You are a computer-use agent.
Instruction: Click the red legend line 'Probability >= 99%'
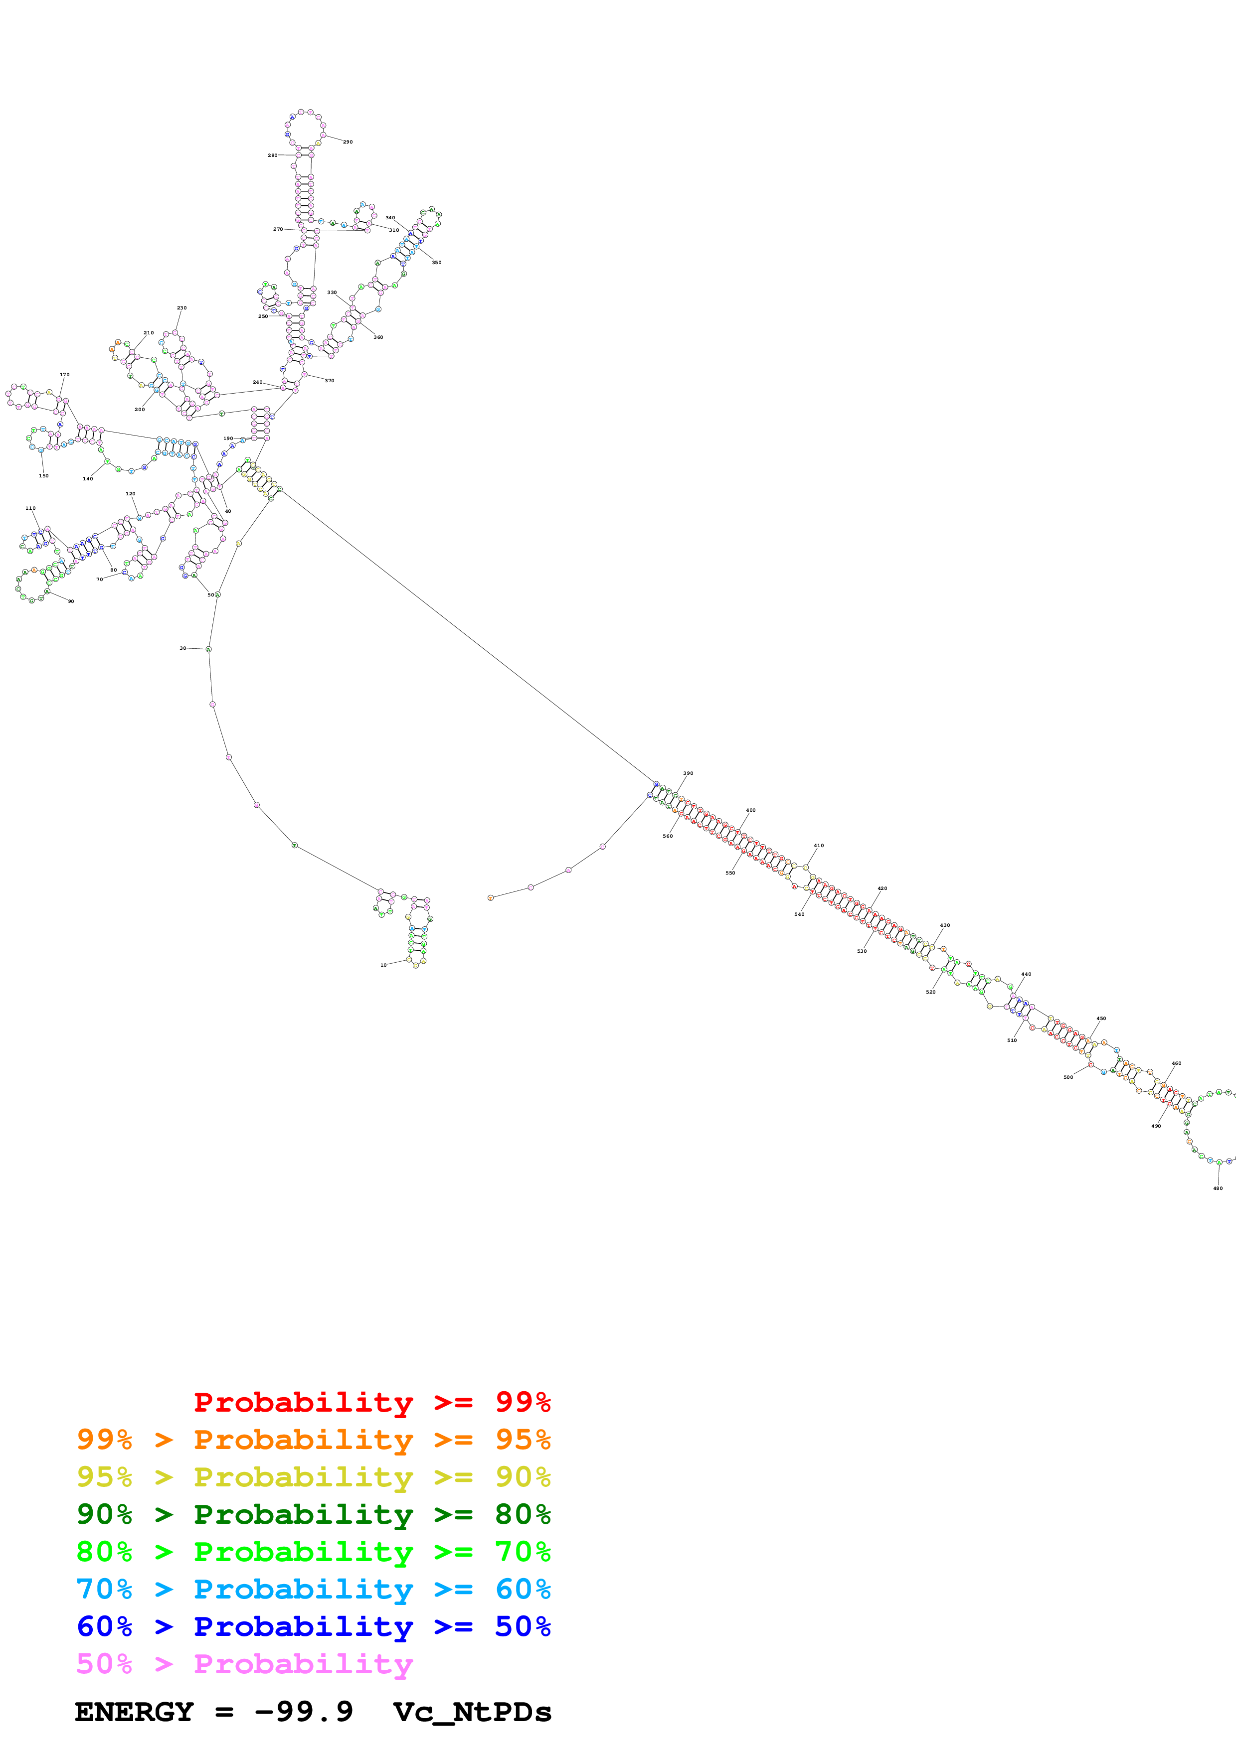[x=371, y=1402]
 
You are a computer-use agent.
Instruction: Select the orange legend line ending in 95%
[x=313, y=1440]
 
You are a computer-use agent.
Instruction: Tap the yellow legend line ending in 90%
[x=313, y=1477]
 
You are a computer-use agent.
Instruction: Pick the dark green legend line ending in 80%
[x=313, y=1514]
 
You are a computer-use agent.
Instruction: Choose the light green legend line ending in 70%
[x=313, y=1552]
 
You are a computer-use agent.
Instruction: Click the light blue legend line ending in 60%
[x=313, y=1589]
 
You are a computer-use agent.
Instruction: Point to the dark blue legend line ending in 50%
[x=313, y=1626]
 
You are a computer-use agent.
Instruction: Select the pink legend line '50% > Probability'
[x=244, y=1663]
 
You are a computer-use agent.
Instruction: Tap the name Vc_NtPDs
[x=472, y=1712]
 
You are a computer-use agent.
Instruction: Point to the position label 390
[x=688, y=773]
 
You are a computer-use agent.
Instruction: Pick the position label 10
[x=383, y=965]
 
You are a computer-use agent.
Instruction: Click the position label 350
[x=436, y=263]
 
